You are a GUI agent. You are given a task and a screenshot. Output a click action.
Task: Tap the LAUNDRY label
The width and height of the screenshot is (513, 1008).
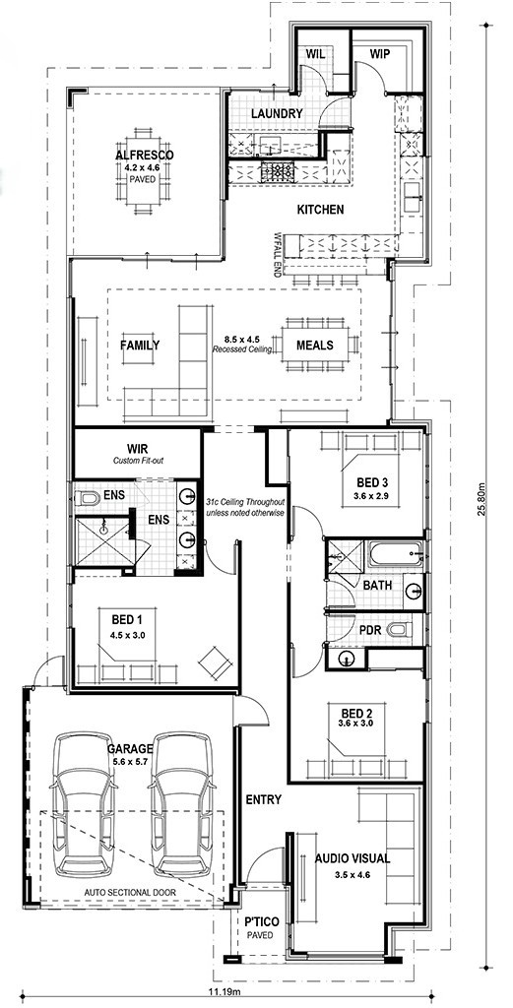pos(277,114)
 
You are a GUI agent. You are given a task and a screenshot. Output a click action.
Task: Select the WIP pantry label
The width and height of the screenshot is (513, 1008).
pos(381,55)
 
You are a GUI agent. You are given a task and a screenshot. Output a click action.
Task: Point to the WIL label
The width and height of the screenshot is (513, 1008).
pos(315,54)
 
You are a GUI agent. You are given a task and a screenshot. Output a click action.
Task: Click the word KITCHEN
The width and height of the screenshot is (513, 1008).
pos(320,209)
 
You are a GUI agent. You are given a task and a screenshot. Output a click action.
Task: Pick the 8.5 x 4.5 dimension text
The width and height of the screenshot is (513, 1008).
pos(241,339)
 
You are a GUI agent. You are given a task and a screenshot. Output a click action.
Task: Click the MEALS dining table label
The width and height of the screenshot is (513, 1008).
pos(314,346)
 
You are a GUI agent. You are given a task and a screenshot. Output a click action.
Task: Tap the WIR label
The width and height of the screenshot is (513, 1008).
pos(139,449)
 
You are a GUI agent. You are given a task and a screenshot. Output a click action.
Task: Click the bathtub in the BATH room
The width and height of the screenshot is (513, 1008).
pos(396,553)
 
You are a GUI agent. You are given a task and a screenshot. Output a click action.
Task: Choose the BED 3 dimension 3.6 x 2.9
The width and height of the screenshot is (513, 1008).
pos(368,496)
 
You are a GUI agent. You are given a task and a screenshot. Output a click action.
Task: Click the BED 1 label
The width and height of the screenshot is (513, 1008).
pos(127,620)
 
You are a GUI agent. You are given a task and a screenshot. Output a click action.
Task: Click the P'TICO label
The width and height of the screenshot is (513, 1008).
pos(258,921)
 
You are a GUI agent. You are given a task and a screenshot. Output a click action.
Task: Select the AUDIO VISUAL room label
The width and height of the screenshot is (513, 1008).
pos(353,858)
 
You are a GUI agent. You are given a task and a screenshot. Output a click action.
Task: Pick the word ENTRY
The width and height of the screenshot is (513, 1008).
pos(264,800)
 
